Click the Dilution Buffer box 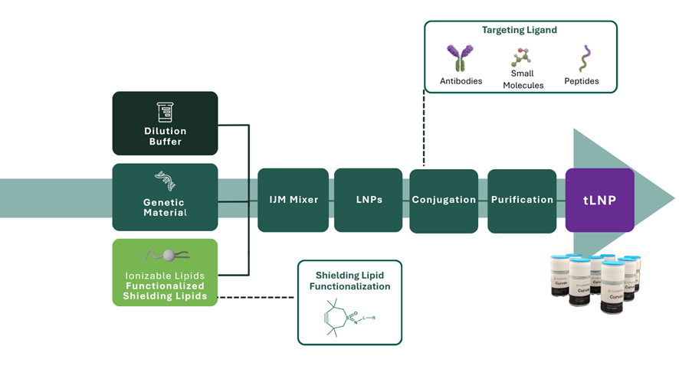[x=165, y=123]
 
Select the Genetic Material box [x=165, y=197]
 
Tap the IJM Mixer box [x=293, y=200]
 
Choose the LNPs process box [x=368, y=200]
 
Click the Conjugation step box [x=444, y=200]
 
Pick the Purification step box [x=522, y=200]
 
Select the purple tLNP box [x=599, y=200]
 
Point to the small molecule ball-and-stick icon [x=521, y=57]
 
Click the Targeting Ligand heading [x=520, y=31]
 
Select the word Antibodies [x=461, y=81]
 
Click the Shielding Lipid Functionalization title [x=349, y=280]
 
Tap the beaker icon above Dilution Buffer [x=165, y=111]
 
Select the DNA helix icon [x=165, y=181]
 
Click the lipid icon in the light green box [x=165, y=255]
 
